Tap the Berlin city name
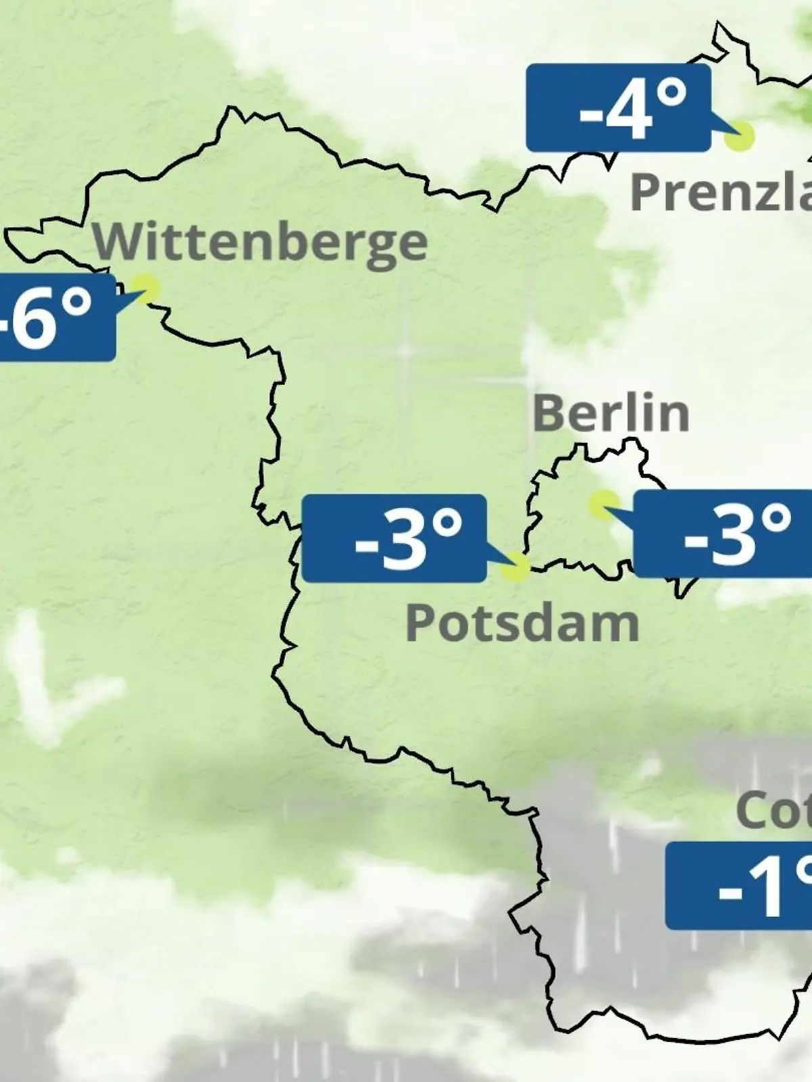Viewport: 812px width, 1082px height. tap(611, 413)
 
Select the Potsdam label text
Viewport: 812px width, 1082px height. tap(522, 624)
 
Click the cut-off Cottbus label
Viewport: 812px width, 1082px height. tap(773, 810)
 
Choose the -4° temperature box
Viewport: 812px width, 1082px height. tap(618, 108)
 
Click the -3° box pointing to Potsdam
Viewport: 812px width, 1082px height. tap(394, 538)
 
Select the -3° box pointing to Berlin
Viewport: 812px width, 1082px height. tap(722, 534)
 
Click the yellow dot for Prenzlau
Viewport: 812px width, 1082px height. tap(739, 136)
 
